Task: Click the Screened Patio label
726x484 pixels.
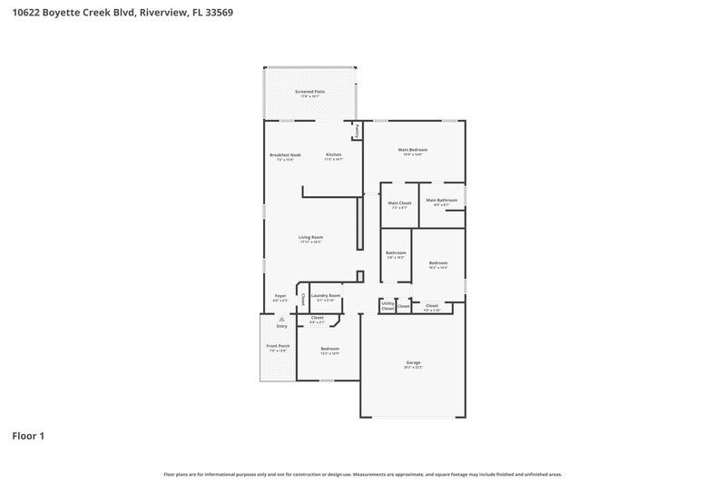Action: click(309, 93)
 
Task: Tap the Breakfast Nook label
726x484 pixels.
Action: click(285, 156)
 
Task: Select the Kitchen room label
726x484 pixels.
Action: click(334, 156)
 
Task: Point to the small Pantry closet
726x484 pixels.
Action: click(358, 131)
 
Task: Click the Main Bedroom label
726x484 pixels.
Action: click(413, 151)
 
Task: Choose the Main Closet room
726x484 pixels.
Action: click(399, 204)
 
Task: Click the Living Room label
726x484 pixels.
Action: click(311, 239)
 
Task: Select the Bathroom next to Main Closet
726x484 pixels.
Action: click(396, 254)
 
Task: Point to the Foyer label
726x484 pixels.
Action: click(280, 297)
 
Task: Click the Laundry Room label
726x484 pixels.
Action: click(326, 297)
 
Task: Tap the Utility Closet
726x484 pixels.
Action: click(388, 307)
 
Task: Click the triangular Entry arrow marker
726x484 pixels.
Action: click(281, 320)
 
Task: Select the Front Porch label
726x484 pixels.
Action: click(278, 349)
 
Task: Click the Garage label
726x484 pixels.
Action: click(413, 365)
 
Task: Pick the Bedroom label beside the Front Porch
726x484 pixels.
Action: click(329, 351)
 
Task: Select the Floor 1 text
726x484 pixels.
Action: click(27, 436)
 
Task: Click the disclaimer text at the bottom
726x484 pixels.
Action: click(363, 474)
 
